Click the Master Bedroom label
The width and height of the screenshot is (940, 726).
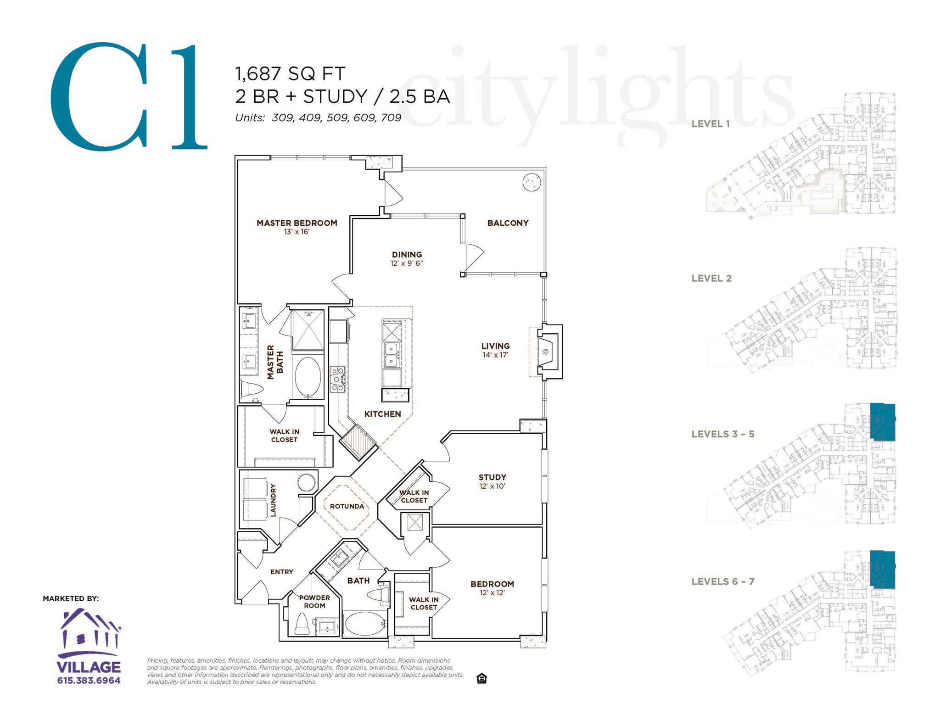point(297,223)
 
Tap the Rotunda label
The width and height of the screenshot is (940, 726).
point(347,506)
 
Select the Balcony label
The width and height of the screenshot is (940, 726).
point(508,223)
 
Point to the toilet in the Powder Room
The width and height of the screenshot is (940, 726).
point(302,624)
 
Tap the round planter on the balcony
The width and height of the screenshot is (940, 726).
point(532,182)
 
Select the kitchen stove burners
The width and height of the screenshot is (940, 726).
point(337,379)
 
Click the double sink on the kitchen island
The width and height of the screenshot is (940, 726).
point(392,355)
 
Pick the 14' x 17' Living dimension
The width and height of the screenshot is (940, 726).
point(495,355)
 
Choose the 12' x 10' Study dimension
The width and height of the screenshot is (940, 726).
point(492,486)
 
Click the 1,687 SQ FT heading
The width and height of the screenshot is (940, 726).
point(290,73)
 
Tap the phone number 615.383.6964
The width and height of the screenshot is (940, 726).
point(89,680)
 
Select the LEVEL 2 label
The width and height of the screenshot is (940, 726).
point(711,278)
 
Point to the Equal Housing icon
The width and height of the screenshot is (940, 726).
point(482,678)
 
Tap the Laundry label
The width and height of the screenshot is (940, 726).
point(273,500)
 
